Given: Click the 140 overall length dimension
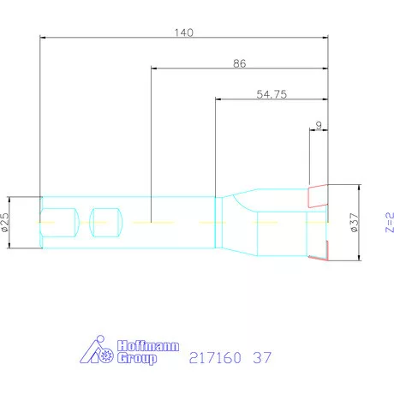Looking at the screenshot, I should pos(183,33).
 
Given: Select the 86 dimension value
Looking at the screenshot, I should pos(239,63).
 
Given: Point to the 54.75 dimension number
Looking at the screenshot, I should pos(271,94).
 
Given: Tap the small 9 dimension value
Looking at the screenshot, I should pos(319,126).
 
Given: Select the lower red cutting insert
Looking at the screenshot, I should pos(323,250).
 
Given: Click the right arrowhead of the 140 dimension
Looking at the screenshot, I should pos(325,38).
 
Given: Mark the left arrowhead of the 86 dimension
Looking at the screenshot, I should pos(153,69).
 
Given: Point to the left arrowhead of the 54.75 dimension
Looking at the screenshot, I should pos(218,100).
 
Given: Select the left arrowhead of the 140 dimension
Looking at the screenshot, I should pos(44,38).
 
